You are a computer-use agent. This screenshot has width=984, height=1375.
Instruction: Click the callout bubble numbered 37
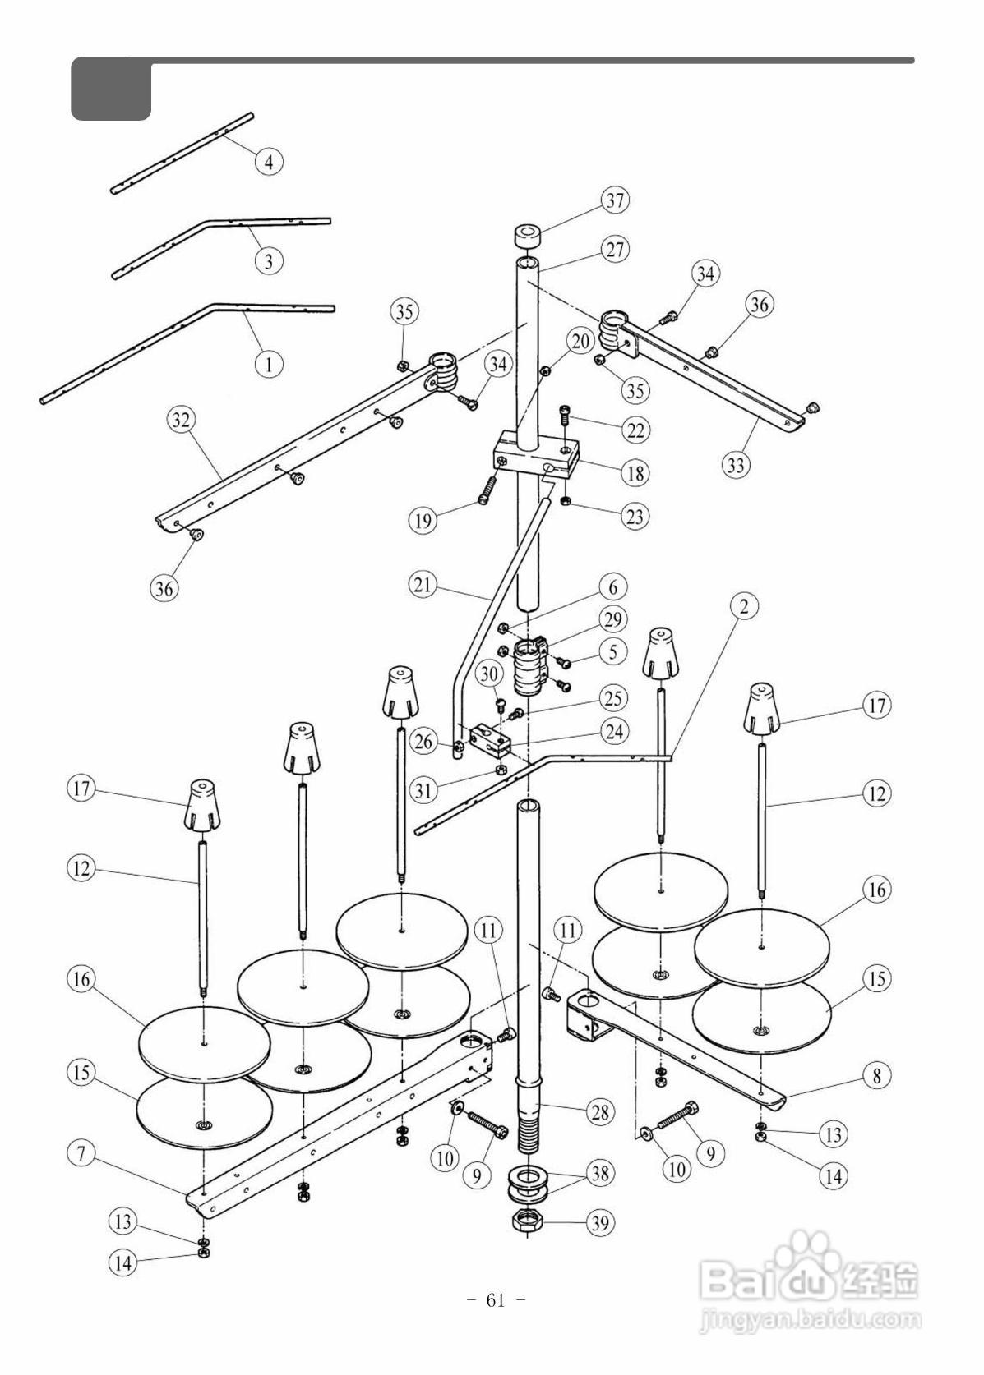[x=615, y=200]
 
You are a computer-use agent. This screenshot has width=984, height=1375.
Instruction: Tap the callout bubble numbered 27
[x=615, y=250]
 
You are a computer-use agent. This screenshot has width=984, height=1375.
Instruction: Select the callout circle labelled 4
[x=269, y=162]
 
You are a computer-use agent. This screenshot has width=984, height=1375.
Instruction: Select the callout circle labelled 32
[x=181, y=420]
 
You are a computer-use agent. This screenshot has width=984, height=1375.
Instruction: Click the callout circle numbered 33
[x=736, y=465]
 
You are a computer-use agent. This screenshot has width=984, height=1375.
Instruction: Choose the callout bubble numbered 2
[x=744, y=607]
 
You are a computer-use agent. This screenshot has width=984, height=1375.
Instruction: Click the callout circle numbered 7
[x=81, y=1153]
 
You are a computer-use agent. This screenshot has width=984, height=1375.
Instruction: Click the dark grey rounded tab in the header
[x=111, y=89]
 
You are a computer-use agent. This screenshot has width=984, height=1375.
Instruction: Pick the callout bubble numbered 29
[x=613, y=619]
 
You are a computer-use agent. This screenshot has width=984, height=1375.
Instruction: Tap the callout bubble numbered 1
[x=269, y=365]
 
